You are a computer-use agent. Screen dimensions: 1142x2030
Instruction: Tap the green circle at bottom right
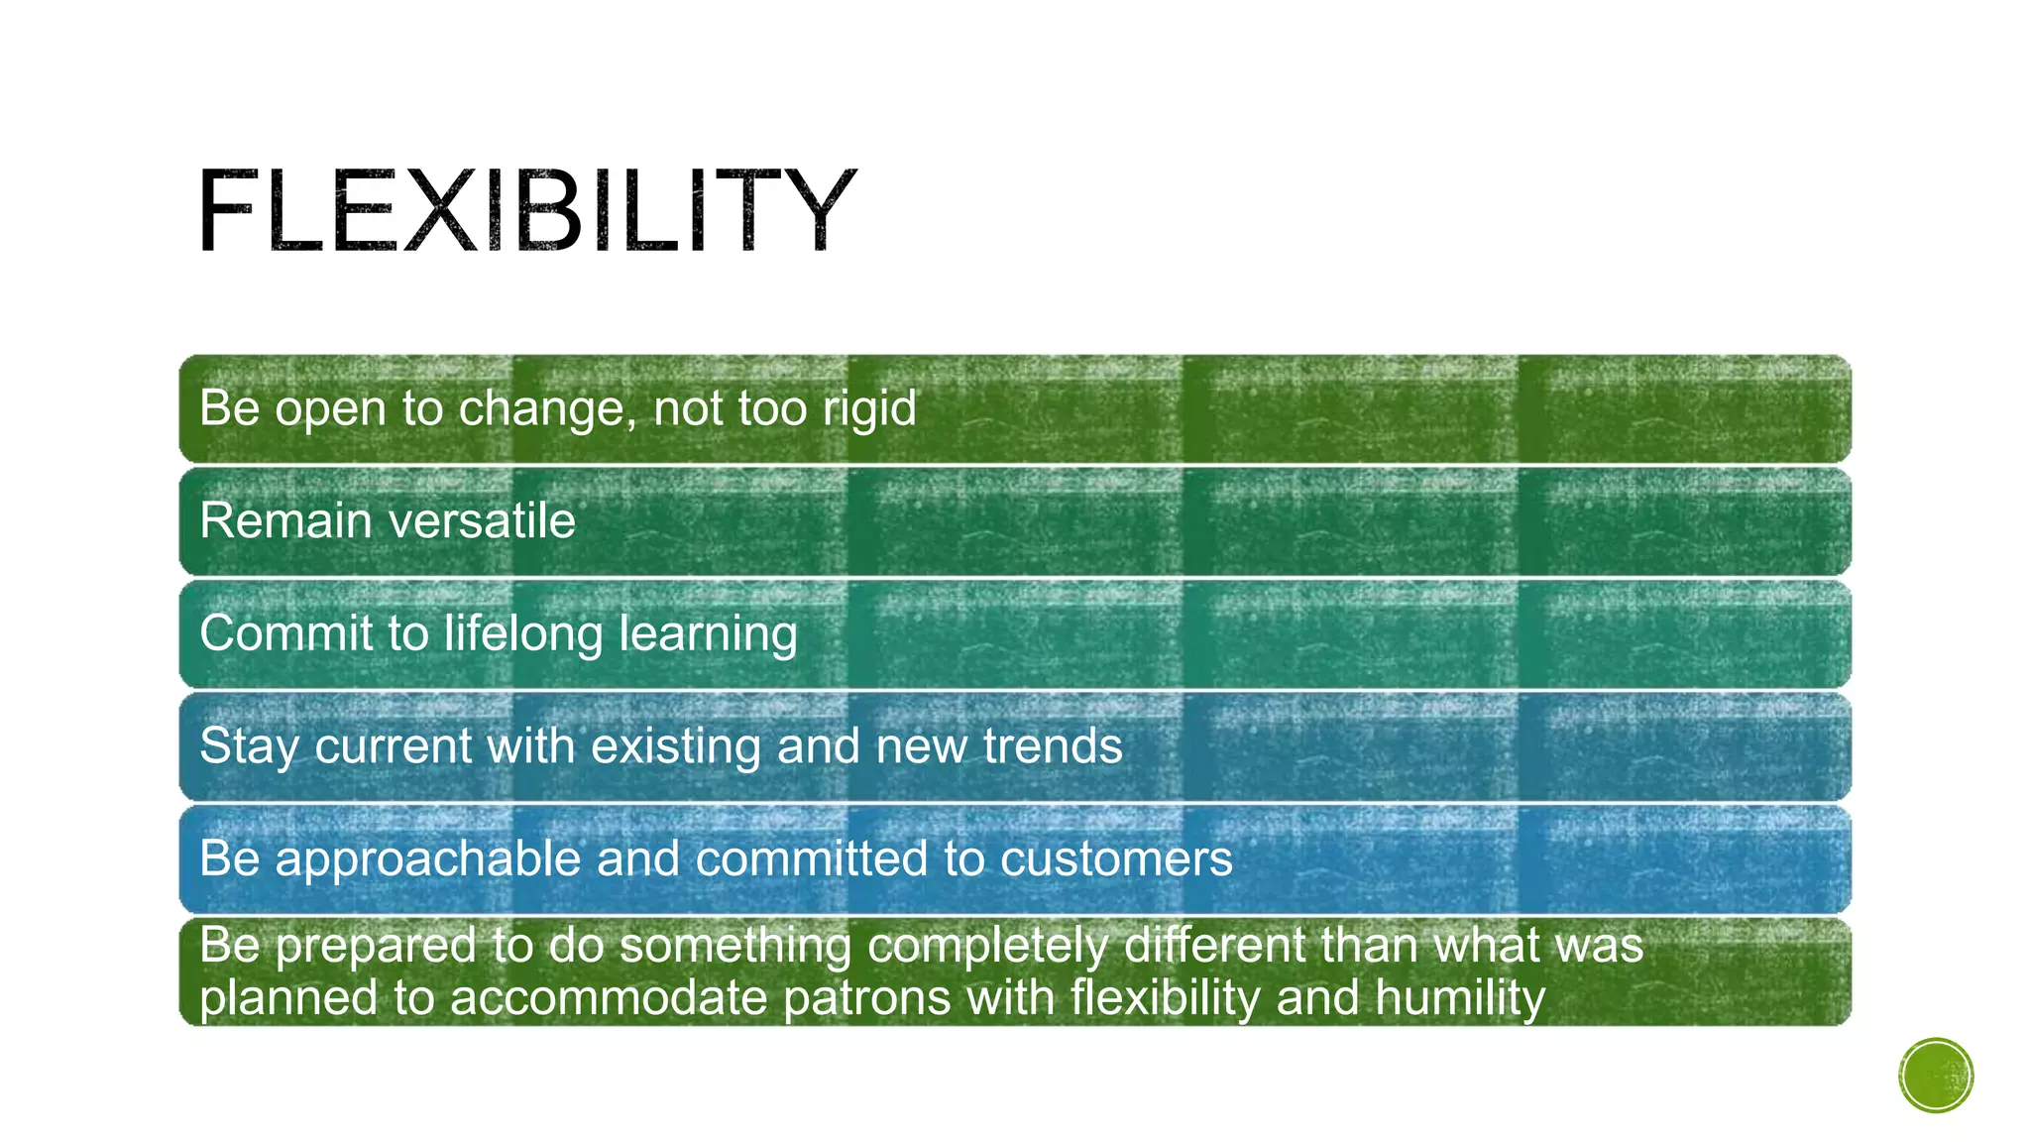1935,1075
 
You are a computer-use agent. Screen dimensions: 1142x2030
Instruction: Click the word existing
675,745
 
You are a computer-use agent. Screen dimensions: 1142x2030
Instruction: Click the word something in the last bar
734,946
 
